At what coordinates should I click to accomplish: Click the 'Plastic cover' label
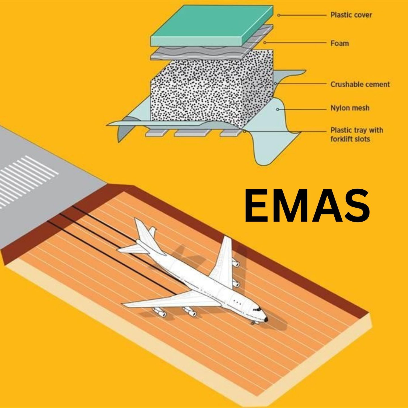coord(351,15)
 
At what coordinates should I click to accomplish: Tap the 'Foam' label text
coord(339,43)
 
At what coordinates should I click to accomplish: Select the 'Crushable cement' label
coord(360,84)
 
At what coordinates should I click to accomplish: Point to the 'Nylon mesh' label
coord(350,108)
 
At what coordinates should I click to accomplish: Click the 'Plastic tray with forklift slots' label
coord(356,135)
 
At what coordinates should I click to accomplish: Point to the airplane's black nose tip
coord(266,319)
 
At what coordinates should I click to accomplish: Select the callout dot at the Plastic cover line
coord(279,15)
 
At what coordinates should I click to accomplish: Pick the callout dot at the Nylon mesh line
coord(278,109)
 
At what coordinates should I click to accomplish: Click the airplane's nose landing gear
coord(253,322)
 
